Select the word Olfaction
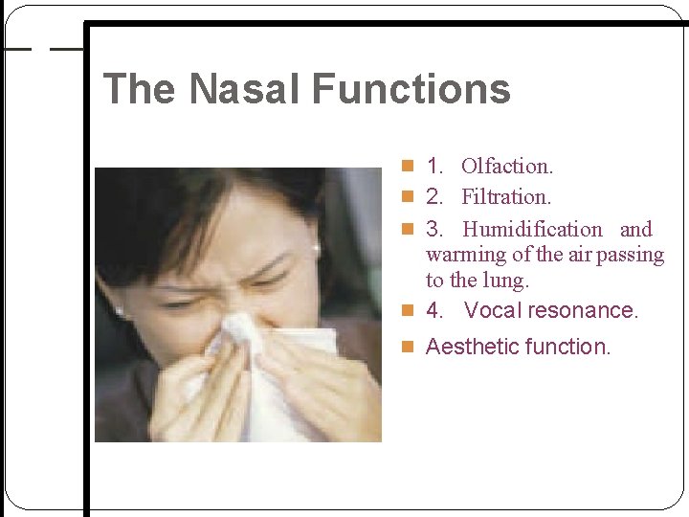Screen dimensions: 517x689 tap(506, 166)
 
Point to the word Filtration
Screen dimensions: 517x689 tap(506, 197)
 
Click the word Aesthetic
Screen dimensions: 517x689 tap(473, 346)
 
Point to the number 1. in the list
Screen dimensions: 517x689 tap(435, 166)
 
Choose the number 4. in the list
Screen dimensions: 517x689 tap(435, 310)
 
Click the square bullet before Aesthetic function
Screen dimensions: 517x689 tap(409, 347)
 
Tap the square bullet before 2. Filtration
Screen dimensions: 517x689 tap(409, 198)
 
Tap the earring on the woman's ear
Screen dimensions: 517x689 tap(315, 248)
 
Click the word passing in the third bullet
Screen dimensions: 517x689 tap(628, 255)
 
